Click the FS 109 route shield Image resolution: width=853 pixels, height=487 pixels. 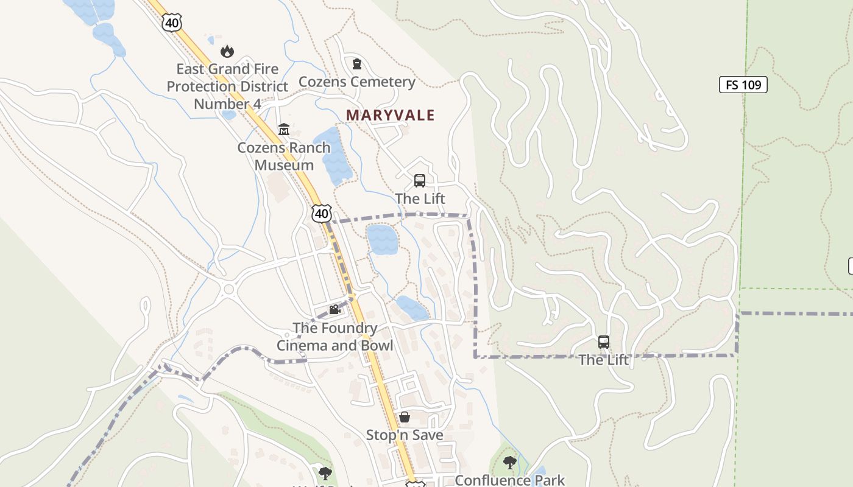[743, 85]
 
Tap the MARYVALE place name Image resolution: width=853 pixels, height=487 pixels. [391, 115]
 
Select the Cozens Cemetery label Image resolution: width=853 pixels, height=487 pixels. [357, 82]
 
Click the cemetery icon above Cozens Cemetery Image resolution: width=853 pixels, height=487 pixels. [357, 63]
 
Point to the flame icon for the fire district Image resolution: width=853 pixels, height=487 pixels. [227, 51]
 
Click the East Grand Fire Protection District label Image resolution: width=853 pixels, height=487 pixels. [227, 86]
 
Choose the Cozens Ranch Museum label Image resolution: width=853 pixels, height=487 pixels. [284, 156]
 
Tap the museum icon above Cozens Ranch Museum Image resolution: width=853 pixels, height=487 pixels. [284, 129]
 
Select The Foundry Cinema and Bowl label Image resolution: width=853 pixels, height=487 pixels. [334, 337]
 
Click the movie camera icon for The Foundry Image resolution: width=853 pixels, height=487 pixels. [334, 310]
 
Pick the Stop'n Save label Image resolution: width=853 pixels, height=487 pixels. [405, 435]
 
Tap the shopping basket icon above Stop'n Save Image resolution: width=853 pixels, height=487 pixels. [404, 417]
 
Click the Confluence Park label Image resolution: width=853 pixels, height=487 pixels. [510, 480]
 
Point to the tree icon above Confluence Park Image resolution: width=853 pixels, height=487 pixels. [510, 463]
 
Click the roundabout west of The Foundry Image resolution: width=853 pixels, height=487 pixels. [230, 290]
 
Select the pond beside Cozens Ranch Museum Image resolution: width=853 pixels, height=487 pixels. [333, 155]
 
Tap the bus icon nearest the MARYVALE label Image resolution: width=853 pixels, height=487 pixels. [420, 180]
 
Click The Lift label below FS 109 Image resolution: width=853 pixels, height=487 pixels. [603, 360]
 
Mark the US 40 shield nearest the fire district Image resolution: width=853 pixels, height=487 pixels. [172, 23]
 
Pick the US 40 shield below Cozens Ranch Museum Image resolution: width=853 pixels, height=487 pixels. [321, 213]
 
